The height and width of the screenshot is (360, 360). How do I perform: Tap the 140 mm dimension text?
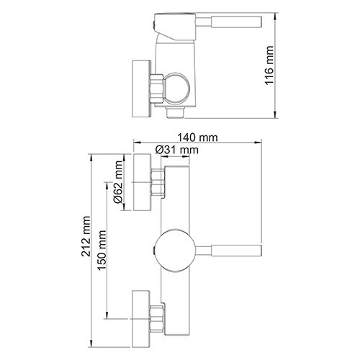(x=198, y=136)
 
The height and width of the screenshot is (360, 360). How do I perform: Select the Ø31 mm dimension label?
(x=176, y=149)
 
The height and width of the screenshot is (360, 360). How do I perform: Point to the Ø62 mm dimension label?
(x=117, y=194)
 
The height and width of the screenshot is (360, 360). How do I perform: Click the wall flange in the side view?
(x=139, y=84)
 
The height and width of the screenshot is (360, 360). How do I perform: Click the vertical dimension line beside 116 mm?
(x=277, y=66)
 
